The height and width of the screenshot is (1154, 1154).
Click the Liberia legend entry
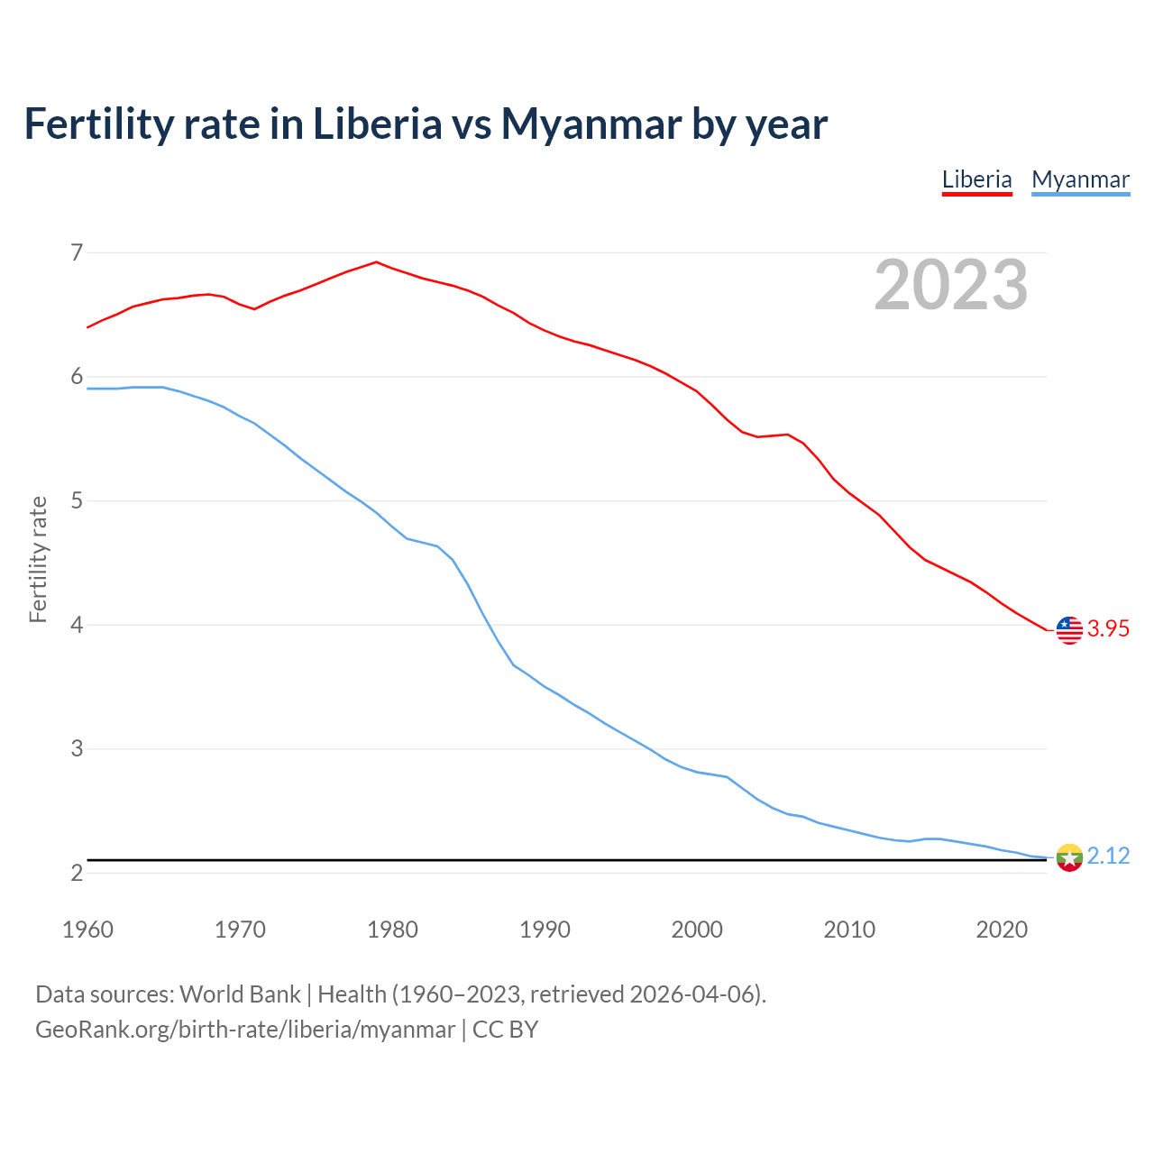[976, 179]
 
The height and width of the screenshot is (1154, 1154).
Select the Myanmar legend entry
[1080, 179]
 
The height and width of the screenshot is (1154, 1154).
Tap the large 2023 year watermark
[951, 285]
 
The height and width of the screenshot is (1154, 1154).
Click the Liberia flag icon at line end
[1069, 629]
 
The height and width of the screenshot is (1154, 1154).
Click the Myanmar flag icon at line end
[1069, 856]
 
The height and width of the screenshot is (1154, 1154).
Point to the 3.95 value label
[1108, 629]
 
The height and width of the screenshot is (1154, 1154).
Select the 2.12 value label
[1108, 856]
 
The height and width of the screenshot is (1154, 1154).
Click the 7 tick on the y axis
[77, 252]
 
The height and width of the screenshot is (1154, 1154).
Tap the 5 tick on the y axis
[77, 500]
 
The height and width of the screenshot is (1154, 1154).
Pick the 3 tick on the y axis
[77, 748]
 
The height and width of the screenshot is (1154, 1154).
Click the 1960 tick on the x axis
[87, 930]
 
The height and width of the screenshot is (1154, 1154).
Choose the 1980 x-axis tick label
[392, 930]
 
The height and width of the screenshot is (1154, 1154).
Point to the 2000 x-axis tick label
[697, 930]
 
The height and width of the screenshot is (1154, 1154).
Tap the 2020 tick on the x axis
[1002, 930]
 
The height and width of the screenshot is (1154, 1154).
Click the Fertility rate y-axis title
[38, 559]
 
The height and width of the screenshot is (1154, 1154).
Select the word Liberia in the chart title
[377, 124]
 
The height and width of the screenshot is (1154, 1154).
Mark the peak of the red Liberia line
[376, 262]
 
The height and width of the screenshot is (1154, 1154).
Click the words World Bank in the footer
[240, 994]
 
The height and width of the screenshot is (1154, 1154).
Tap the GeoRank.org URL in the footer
[245, 1030]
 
